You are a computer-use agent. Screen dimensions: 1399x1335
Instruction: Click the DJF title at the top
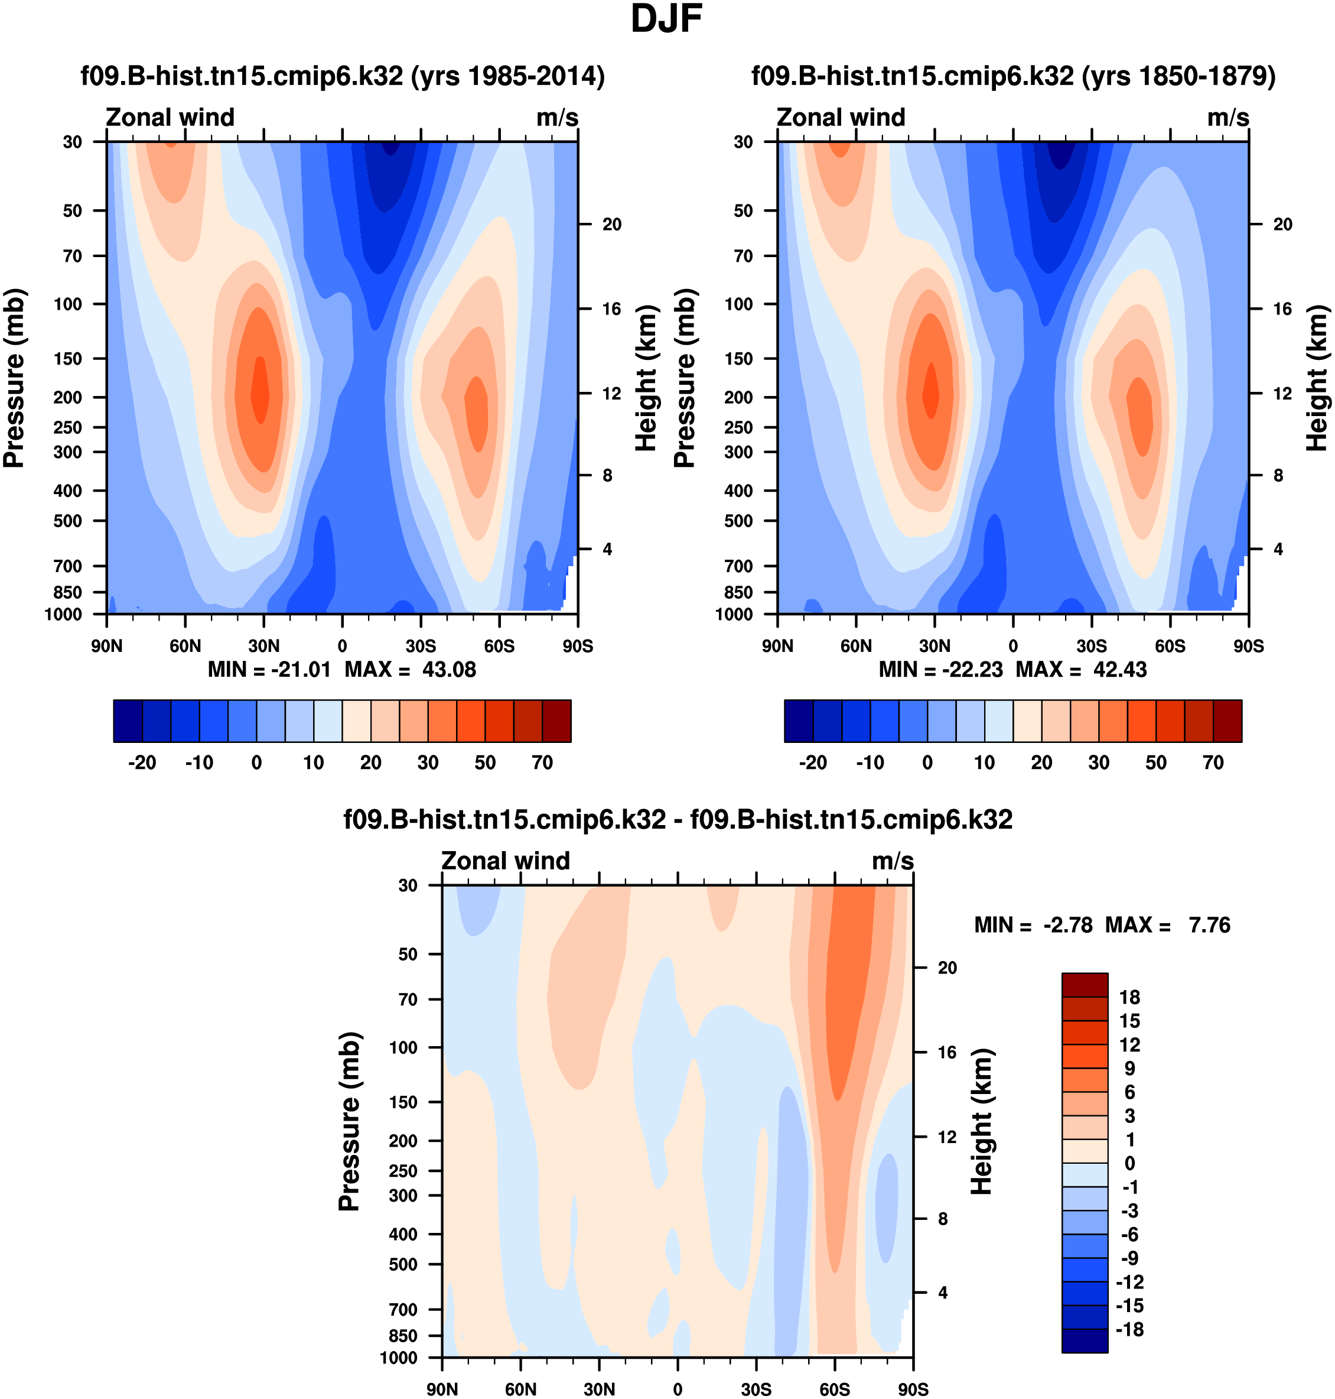pos(666,20)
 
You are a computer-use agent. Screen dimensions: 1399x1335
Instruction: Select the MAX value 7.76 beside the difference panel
pos(1209,925)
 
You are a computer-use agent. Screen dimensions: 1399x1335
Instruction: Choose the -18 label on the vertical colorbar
pos(1129,1329)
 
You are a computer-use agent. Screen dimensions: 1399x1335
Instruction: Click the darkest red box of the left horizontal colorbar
pos(556,721)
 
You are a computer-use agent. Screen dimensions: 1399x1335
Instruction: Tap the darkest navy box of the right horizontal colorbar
pos(799,721)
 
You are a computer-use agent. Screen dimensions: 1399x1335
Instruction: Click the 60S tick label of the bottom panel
pos(834,1389)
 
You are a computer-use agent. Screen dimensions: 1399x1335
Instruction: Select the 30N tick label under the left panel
pos(263,647)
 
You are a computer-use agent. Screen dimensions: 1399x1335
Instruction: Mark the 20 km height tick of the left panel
pos(612,224)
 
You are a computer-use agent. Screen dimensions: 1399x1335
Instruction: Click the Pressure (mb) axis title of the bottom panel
pos(350,1121)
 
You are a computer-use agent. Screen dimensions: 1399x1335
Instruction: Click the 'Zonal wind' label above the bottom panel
pos(505,861)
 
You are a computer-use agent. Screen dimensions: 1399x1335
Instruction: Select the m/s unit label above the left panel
pos(557,118)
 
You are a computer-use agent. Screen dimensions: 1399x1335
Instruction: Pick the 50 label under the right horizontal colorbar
pos(1155,762)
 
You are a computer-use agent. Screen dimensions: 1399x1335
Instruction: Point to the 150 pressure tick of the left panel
pos(69,359)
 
